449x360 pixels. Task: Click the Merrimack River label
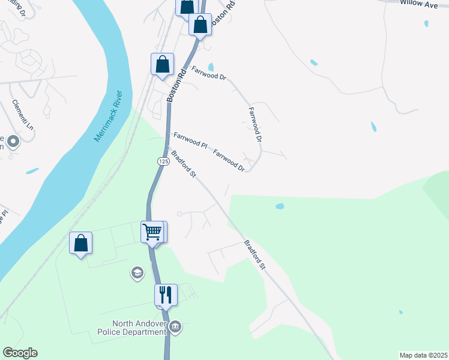(108, 116)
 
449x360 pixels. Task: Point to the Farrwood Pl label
(190, 141)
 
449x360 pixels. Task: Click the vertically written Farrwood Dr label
(256, 125)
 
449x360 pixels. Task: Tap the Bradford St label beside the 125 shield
(184, 164)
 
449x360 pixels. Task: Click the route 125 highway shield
(163, 161)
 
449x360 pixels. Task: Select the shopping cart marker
(152, 231)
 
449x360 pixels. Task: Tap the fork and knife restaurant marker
(165, 294)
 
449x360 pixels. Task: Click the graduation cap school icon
(137, 274)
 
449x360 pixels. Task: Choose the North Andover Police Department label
(131, 327)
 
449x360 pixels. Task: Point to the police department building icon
(175, 327)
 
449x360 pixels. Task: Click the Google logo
(20, 353)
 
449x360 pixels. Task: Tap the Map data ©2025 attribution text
(423, 355)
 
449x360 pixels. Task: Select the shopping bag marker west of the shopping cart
(80, 243)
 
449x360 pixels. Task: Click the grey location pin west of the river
(13, 142)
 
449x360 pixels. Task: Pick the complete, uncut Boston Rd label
(173, 83)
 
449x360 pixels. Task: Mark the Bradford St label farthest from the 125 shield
(255, 254)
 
